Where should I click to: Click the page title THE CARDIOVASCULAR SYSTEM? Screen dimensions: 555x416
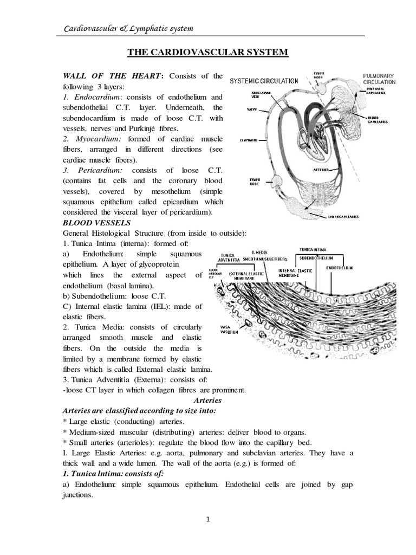coord(208,52)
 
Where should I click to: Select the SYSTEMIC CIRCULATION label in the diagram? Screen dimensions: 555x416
coord(264,81)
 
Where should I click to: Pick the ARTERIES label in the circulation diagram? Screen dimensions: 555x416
coord(322,170)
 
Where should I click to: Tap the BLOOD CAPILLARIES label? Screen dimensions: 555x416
coord(377,120)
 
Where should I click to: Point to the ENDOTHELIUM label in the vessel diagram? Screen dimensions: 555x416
coord(340,268)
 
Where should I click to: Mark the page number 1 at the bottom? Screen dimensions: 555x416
coord(208,519)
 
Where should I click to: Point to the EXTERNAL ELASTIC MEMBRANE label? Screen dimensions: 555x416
coord(246,276)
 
